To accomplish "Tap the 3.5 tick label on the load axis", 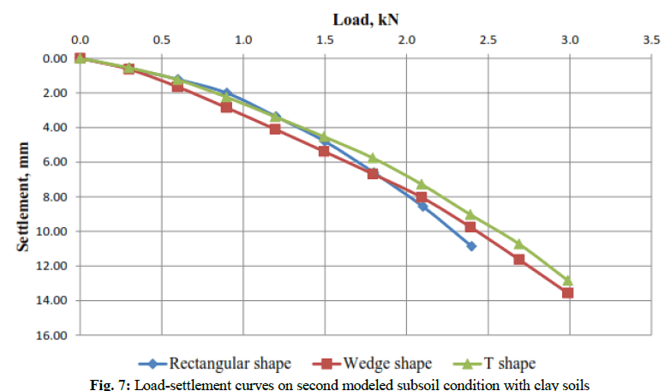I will [651, 39].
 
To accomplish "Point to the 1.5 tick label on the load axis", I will [324, 39].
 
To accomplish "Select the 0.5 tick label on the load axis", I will [160, 39].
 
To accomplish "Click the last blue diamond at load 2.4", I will [470, 246].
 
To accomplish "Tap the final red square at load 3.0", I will [568, 293].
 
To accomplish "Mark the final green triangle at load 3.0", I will [568, 280].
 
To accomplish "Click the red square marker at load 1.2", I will [275, 129].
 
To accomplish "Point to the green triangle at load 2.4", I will [470, 214].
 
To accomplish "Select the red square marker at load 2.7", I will [519, 259].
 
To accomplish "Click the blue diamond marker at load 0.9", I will [226, 93].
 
